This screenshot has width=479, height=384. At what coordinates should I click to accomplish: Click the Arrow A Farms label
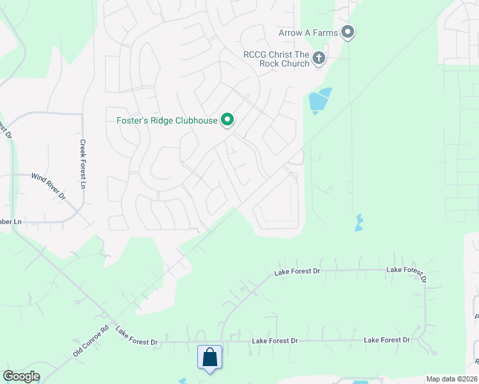click(308, 33)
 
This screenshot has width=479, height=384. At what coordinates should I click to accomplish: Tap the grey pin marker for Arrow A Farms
click(348, 31)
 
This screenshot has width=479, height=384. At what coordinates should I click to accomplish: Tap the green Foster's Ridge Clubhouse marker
click(227, 119)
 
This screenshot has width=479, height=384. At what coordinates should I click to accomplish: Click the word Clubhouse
click(196, 120)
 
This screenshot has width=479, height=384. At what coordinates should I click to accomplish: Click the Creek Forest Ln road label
click(83, 164)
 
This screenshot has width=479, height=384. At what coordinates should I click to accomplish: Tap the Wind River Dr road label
click(49, 185)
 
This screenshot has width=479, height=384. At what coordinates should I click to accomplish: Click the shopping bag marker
click(209, 357)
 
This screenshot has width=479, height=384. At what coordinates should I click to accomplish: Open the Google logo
click(21, 376)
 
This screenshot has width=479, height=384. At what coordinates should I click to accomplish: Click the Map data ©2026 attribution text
click(451, 379)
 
